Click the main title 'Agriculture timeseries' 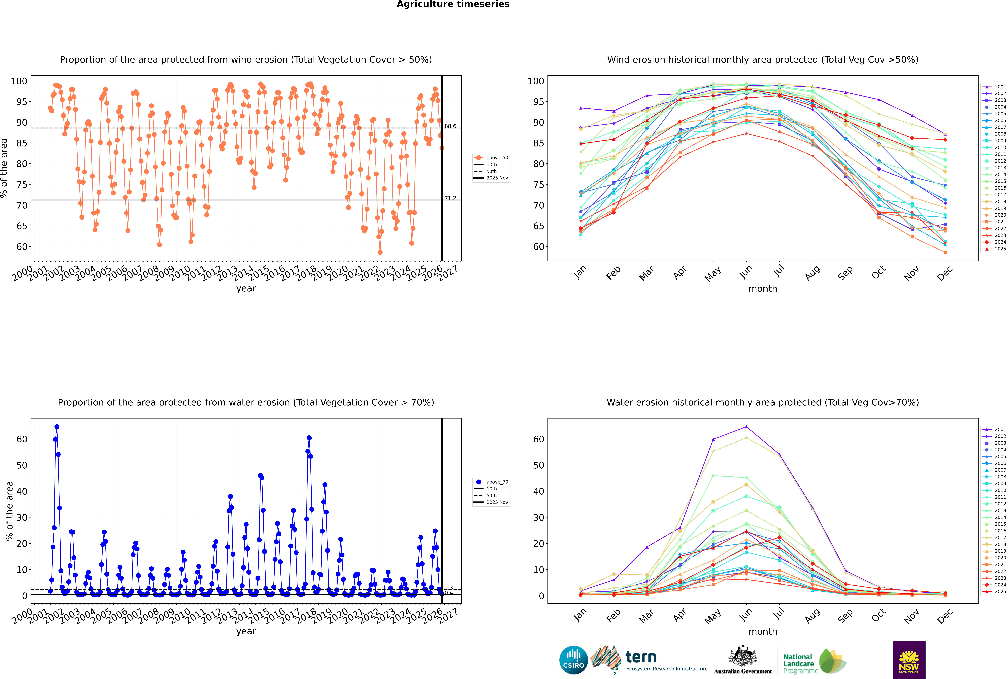tap(453, 4)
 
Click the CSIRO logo tap(573, 660)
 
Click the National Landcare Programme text tap(798, 663)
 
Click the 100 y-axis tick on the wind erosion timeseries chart tap(19, 81)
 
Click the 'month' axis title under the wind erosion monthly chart tap(763, 289)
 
